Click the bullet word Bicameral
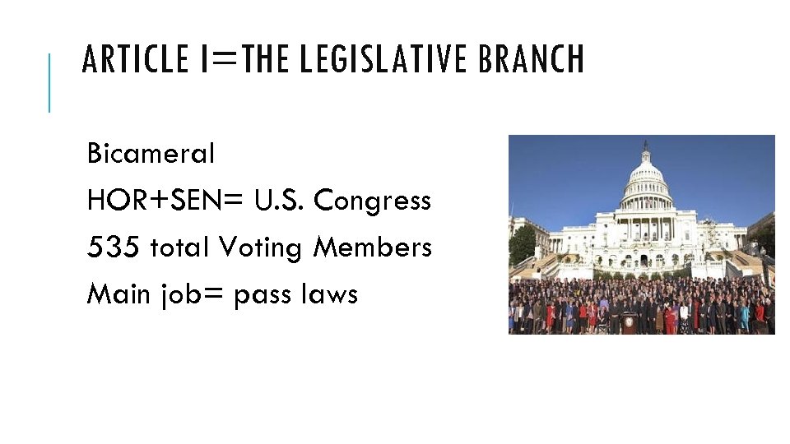(151, 153)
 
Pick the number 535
(114, 247)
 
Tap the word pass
(263, 295)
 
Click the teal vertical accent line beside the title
(49, 82)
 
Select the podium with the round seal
(630, 322)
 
